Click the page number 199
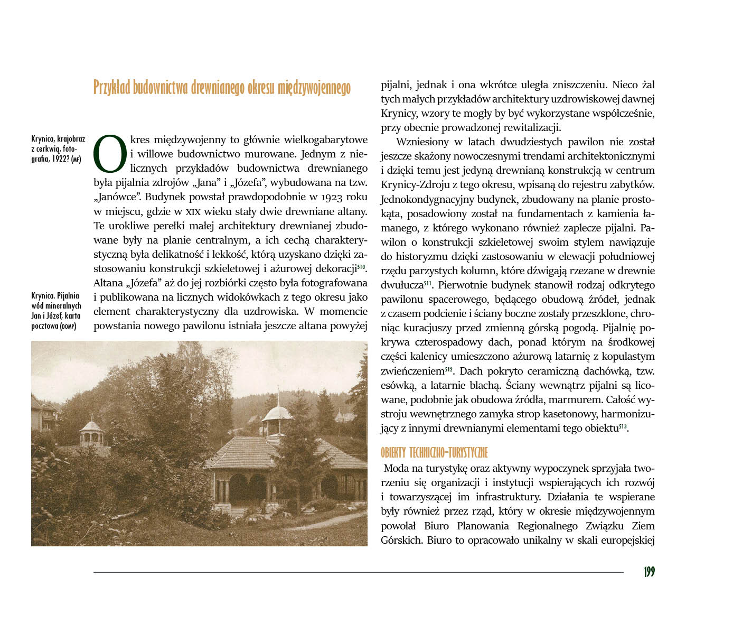coord(649,572)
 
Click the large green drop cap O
coord(110,154)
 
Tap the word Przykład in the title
coord(111,87)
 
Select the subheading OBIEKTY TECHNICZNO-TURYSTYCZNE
coord(434,453)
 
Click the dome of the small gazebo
coord(91,426)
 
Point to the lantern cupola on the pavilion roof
coord(277,412)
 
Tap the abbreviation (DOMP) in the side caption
coord(68,326)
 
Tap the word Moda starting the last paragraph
coord(396,469)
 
